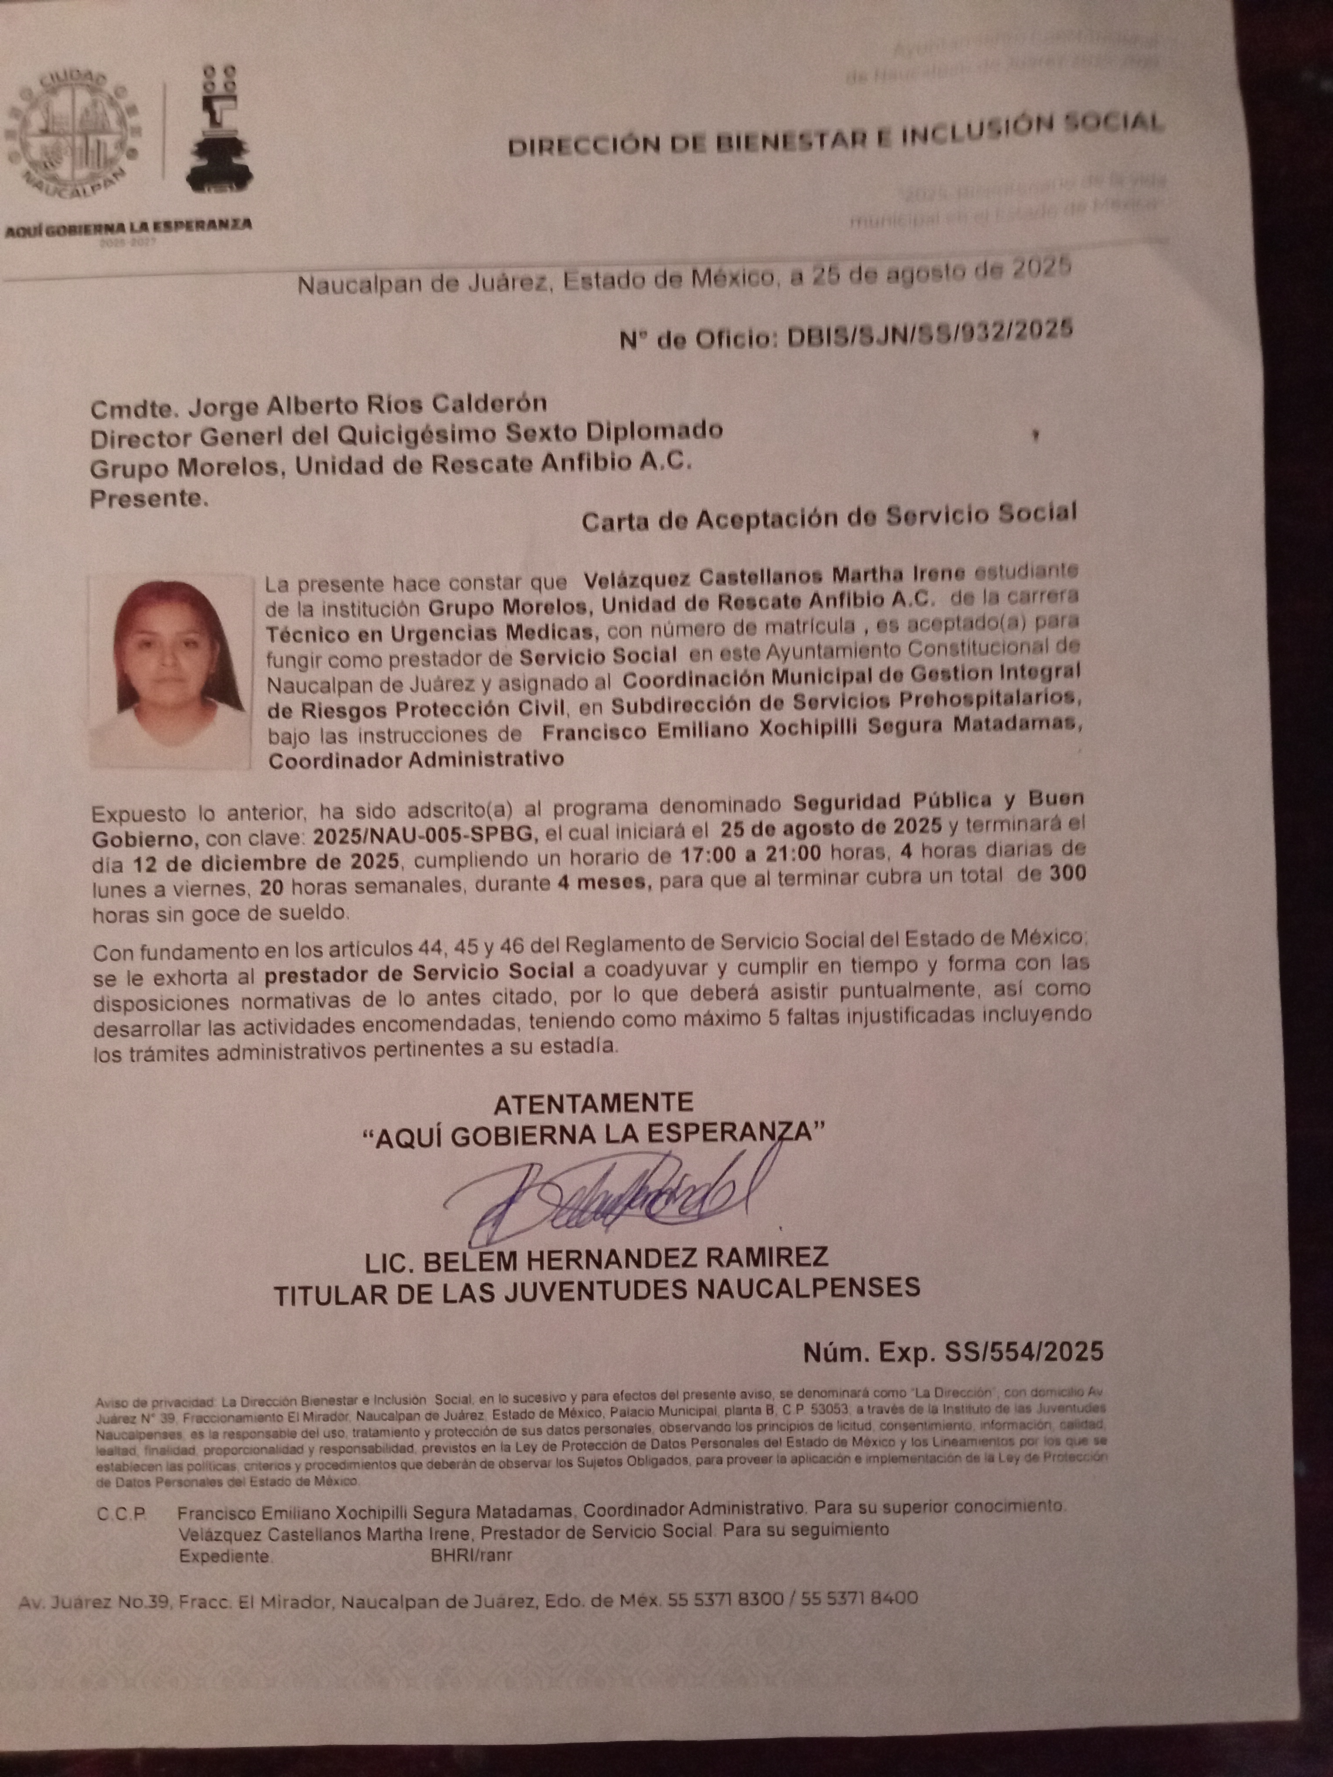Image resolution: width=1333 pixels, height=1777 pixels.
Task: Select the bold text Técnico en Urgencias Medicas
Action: [x=431, y=633]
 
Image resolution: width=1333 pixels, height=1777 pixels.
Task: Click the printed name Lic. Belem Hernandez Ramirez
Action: [x=597, y=1258]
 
